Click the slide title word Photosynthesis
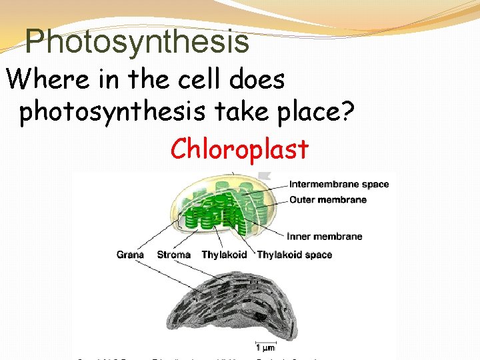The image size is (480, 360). (x=137, y=41)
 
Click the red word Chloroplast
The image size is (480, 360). (x=239, y=149)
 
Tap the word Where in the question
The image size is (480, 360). (x=47, y=81)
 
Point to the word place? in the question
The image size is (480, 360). (x=317, y=113)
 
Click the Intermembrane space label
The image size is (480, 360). (x=339, y=185)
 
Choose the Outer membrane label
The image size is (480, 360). (x=328, y=199)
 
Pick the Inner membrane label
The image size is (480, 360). (x=325, y=236)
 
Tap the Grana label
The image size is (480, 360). (x=130, y=255)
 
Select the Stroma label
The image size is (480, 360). (x=173, y=255)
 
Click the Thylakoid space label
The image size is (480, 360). (x=294, y=255)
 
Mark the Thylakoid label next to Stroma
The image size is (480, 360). (x=224, y=255)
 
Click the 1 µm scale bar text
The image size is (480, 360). (x=266, y=347)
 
